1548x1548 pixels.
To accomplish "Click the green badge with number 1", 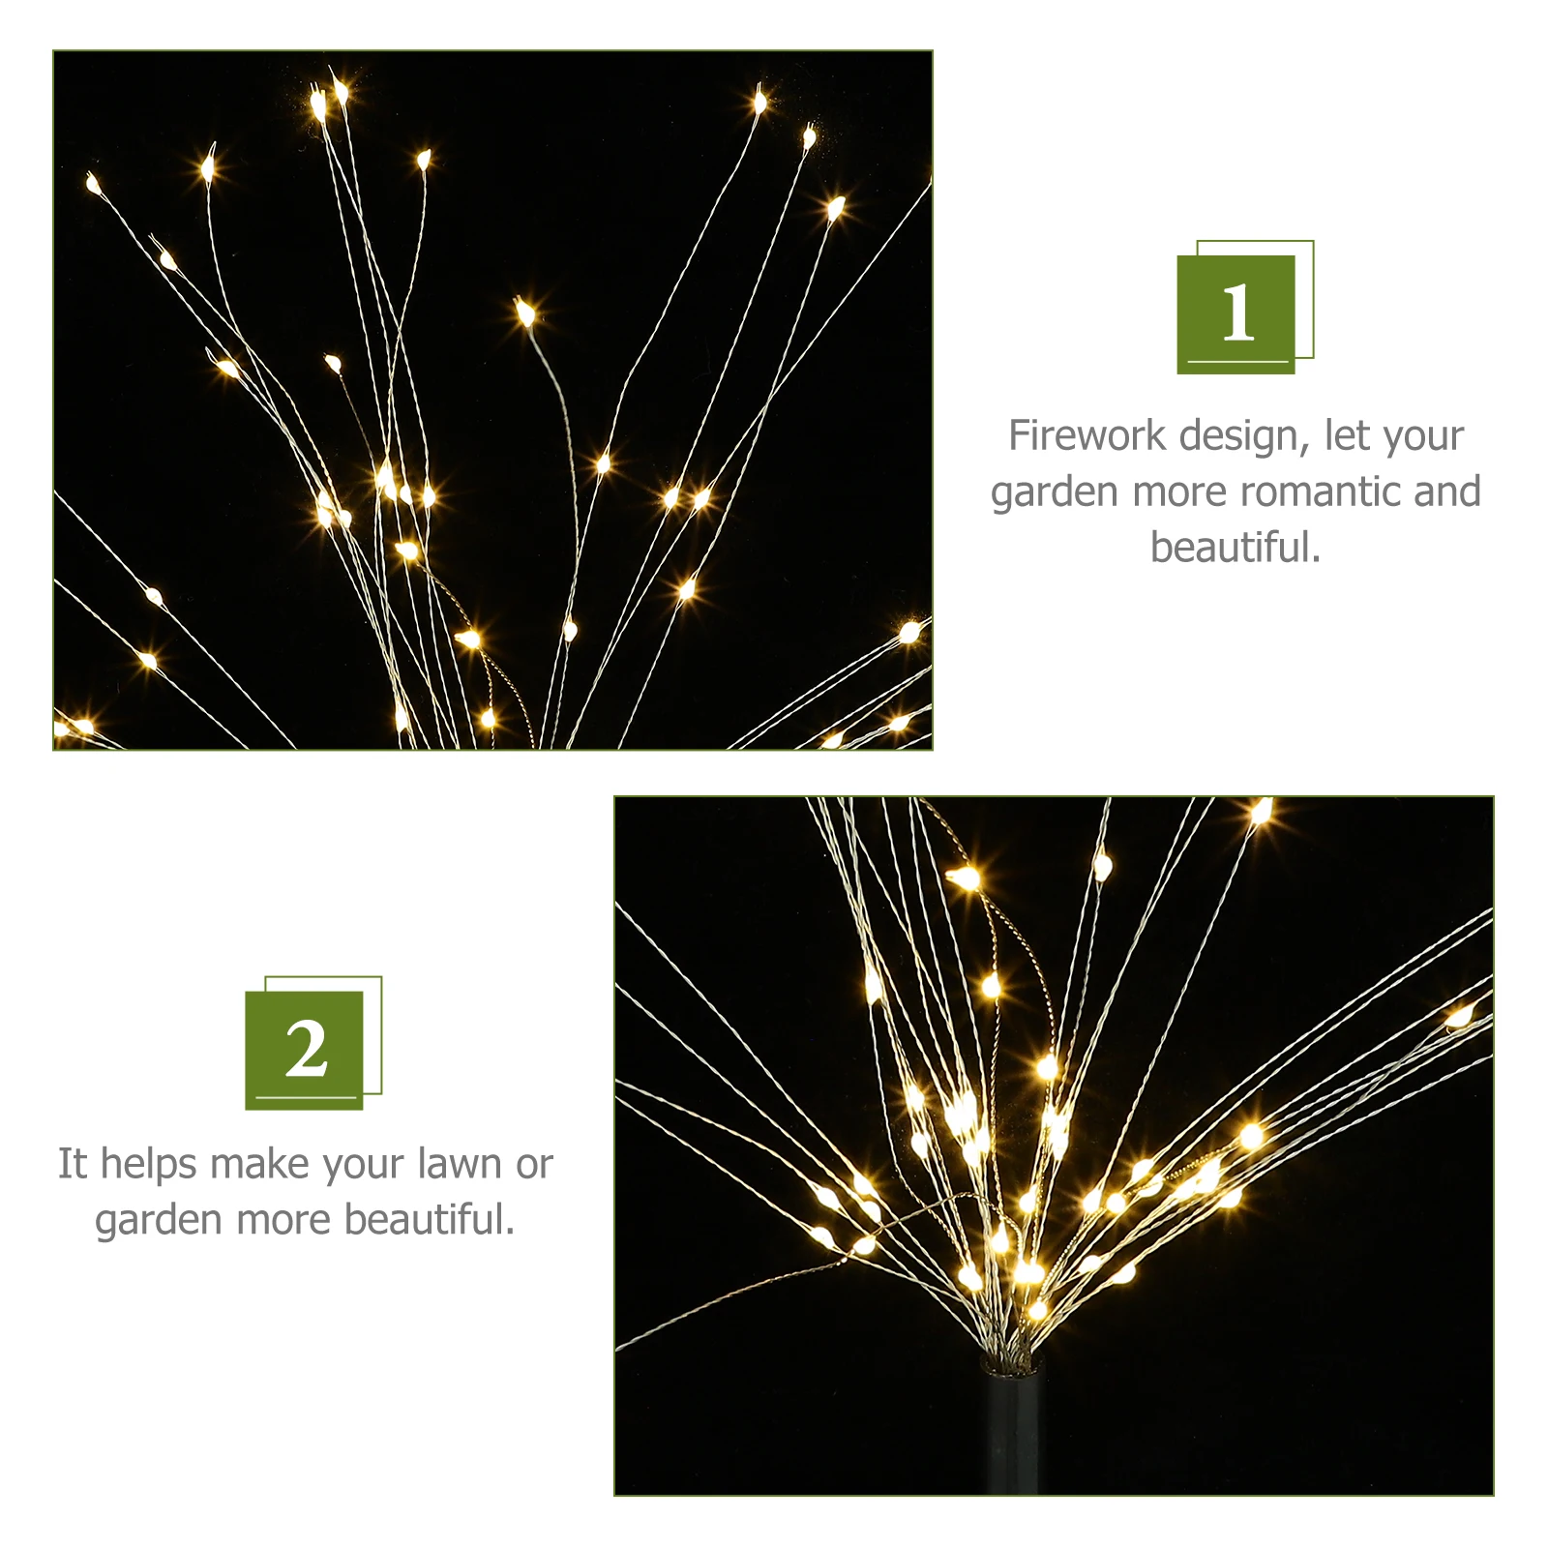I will pyautogui.click(x=1235, y=313).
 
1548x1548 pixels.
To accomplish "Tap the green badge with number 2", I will pyautogui.click(x=305, y=1050).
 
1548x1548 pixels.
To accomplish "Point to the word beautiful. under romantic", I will pyautogui.click(x=1235, y=548).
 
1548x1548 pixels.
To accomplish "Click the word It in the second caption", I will pyautogui.click(x=73, y=1164).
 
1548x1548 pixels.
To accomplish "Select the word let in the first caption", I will pyautogui.click(x=1349, y=435).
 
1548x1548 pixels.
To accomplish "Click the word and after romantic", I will pyautogui.click(x=1446, y=491).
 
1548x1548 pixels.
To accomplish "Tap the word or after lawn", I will pyautogui.click(x=534, y=1165).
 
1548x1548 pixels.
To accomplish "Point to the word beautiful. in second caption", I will pyautogui.click(x=430, y=1220).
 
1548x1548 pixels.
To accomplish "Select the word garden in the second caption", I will pyautogui.click(x=160, y=1222).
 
